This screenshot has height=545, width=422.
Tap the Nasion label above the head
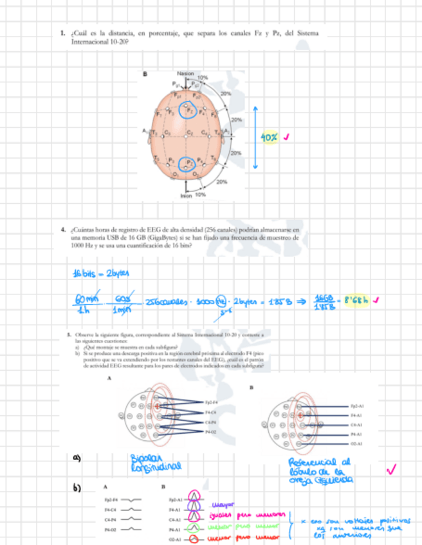185,75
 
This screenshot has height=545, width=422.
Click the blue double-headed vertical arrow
255,137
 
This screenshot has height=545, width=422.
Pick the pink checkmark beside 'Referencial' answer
390,471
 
